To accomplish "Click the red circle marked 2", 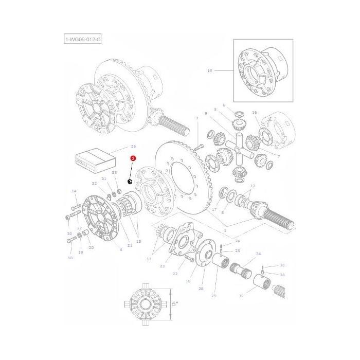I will (133, 159).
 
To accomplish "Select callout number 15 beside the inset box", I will (209, 70).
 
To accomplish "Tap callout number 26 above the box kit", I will (133, 147).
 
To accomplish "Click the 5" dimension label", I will (175, 304).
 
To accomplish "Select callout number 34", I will (258, 254).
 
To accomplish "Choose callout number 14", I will (74, 191).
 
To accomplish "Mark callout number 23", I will (162, 266).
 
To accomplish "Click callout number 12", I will (253, 186).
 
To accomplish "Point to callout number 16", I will (254, 112).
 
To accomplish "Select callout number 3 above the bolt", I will (196, 118).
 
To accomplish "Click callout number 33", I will (114, 173).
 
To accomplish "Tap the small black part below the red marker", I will (130, 181).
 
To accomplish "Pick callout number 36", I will (282, 275).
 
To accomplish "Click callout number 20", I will (91, 247).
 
